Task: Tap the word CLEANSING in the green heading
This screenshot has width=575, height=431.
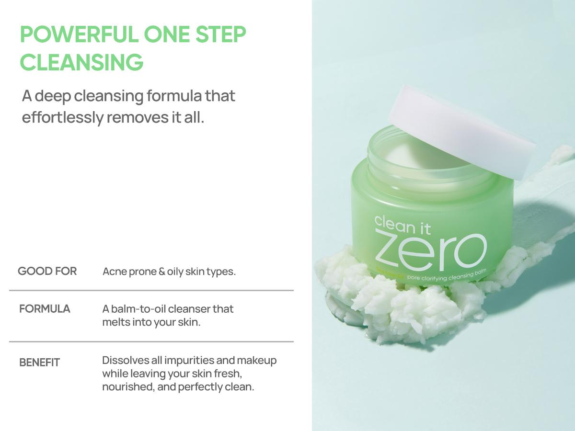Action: [x=82, y=63]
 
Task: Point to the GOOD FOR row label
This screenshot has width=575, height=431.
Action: [x=47, y=272]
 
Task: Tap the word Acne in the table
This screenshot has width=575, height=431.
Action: [x=115, y=272]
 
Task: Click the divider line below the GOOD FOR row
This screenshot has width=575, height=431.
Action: [x=151, y=290]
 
